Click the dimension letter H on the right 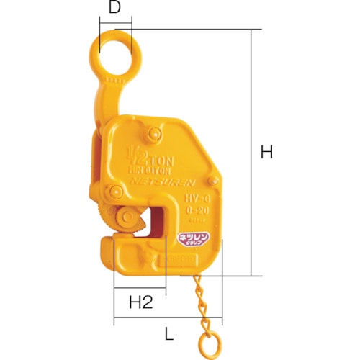(267, 152)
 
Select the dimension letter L (168, 333)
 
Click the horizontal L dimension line (168, 322)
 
